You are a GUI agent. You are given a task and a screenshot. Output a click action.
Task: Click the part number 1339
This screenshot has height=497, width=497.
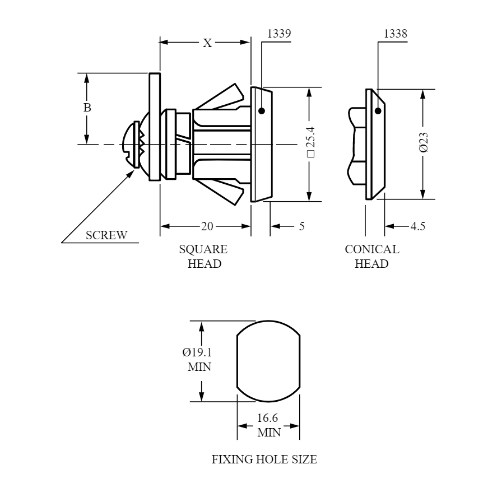point(279,34)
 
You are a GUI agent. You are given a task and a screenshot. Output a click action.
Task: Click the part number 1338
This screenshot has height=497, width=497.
point(395,34)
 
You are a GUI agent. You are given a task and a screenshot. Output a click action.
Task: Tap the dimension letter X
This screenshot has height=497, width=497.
point(207,43)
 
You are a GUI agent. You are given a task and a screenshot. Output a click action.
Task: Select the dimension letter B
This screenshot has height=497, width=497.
point(87,108)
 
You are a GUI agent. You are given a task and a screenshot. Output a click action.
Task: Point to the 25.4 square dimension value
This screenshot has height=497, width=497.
point(311,141)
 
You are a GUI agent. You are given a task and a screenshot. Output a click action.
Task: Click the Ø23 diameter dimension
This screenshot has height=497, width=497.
point(424,142)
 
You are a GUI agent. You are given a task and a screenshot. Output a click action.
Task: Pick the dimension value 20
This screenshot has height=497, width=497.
point(207,226)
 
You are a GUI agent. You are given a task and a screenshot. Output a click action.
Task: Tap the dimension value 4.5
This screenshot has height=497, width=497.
point(418,226)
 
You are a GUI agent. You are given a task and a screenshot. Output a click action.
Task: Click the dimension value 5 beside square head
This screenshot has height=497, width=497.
point(302,226)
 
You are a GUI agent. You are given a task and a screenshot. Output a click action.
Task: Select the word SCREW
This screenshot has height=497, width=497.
point(106,235)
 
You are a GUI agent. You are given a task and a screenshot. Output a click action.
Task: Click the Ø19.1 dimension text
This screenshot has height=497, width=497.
point(197,352)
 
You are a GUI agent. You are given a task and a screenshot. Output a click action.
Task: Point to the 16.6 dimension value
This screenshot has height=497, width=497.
point(267,418)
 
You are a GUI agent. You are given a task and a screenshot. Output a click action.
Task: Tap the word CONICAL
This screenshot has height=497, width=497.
point(372,249)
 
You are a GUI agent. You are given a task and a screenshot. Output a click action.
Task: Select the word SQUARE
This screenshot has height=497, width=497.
point(203,249)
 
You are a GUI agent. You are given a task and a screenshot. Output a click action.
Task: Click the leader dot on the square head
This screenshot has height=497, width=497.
point(262,111)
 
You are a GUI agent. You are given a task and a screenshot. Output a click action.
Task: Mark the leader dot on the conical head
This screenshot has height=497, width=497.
point(378,111)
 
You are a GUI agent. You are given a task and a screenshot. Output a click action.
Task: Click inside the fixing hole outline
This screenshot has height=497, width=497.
point(268,361)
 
